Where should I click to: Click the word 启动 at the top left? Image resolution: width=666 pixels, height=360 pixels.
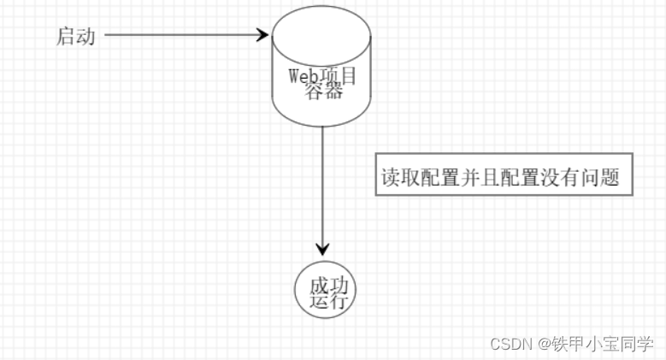(74, 36)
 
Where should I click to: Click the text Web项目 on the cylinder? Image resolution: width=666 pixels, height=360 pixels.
(321, 77)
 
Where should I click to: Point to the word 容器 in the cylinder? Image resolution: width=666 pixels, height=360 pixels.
(323, 91)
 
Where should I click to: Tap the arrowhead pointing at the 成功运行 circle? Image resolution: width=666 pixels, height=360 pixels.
(321, 249)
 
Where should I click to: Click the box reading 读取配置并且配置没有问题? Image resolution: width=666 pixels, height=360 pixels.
(504, 177)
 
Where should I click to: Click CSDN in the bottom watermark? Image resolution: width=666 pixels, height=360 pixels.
(510, 342)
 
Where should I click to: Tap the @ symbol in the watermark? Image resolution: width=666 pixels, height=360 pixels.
(544, 342)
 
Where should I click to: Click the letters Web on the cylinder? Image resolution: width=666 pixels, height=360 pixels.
(303, 76)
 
